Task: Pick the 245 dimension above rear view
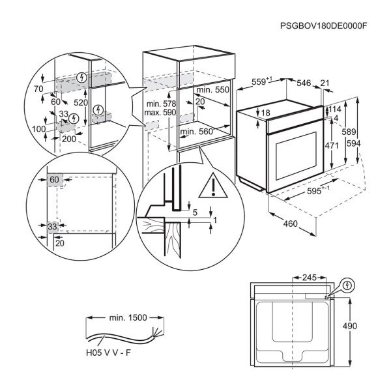pyautogui.click(x=309, y=278)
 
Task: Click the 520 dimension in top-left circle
pyautogui.click(x=81, y=103)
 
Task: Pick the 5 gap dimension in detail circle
pyautogui.click(x=194, y=212)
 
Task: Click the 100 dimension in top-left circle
pyautogui.click(x=38, y=129)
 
